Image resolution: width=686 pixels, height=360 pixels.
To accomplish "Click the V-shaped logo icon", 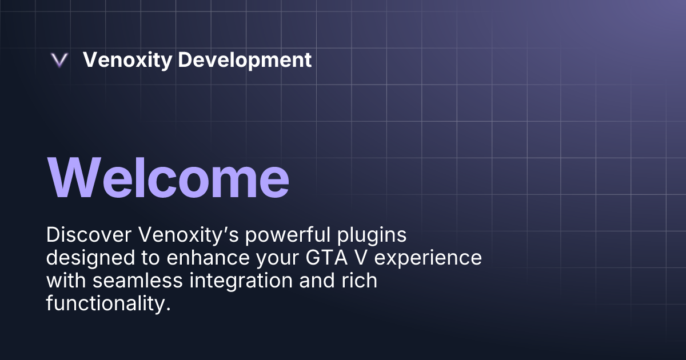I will coord(59,61).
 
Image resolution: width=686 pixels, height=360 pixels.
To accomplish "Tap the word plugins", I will coord(343,235).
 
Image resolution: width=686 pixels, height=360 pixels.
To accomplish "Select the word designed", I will coord(87,258).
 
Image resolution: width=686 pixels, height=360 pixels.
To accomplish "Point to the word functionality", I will coord(108,303).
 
